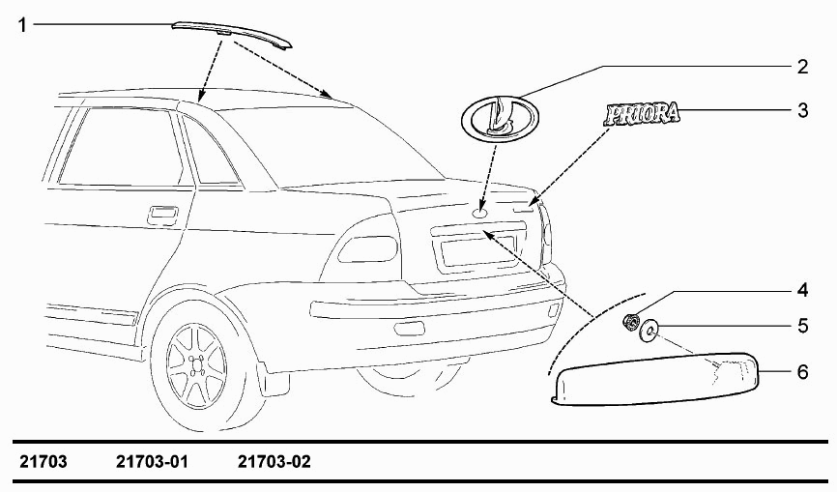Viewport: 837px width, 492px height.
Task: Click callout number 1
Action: (x=22, y=24)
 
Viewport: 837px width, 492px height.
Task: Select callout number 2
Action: (x=802, y=68)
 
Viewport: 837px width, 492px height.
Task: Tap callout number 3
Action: (x=803, y=110)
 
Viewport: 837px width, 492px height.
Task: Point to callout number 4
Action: (x=803, y=291)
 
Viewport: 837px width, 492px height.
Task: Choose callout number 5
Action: (x=803, y=326)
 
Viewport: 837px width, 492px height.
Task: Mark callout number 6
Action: (x=803, y=371)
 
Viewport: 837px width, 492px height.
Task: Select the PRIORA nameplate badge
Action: (x=643, y=114)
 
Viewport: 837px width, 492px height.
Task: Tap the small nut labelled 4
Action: (x=631, y=322)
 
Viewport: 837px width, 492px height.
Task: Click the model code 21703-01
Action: (x=152, y=462)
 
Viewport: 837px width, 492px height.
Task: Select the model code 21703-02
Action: (x=274, y=462)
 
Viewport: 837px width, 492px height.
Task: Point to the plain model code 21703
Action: (x=43, y=462)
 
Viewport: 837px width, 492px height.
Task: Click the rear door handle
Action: (x=164, y=214)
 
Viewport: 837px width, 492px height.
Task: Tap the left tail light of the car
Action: (x=368, y=248)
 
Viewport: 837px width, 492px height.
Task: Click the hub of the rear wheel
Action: (x=197, y=365)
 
